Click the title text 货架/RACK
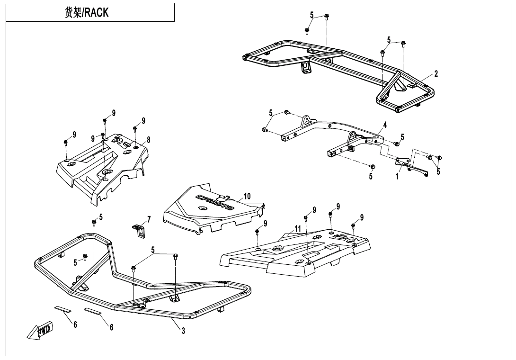tap(87, 13)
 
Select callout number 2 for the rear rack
tap(436, 74)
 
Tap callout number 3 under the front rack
tap(183, 331)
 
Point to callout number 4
tap(385, 125)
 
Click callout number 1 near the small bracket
tap(397, 177)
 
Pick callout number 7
tap(149, 219)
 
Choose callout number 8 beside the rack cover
tap(148, 140)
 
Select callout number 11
tap(297, 229)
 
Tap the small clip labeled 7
tap(137, 230)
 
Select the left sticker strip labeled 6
tap(62, 309)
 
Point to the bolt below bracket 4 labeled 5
tap(372, 167)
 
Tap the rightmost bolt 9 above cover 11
tap(353, 225)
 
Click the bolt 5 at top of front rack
tap(94, 222)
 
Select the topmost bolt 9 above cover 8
tap(105, 121)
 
